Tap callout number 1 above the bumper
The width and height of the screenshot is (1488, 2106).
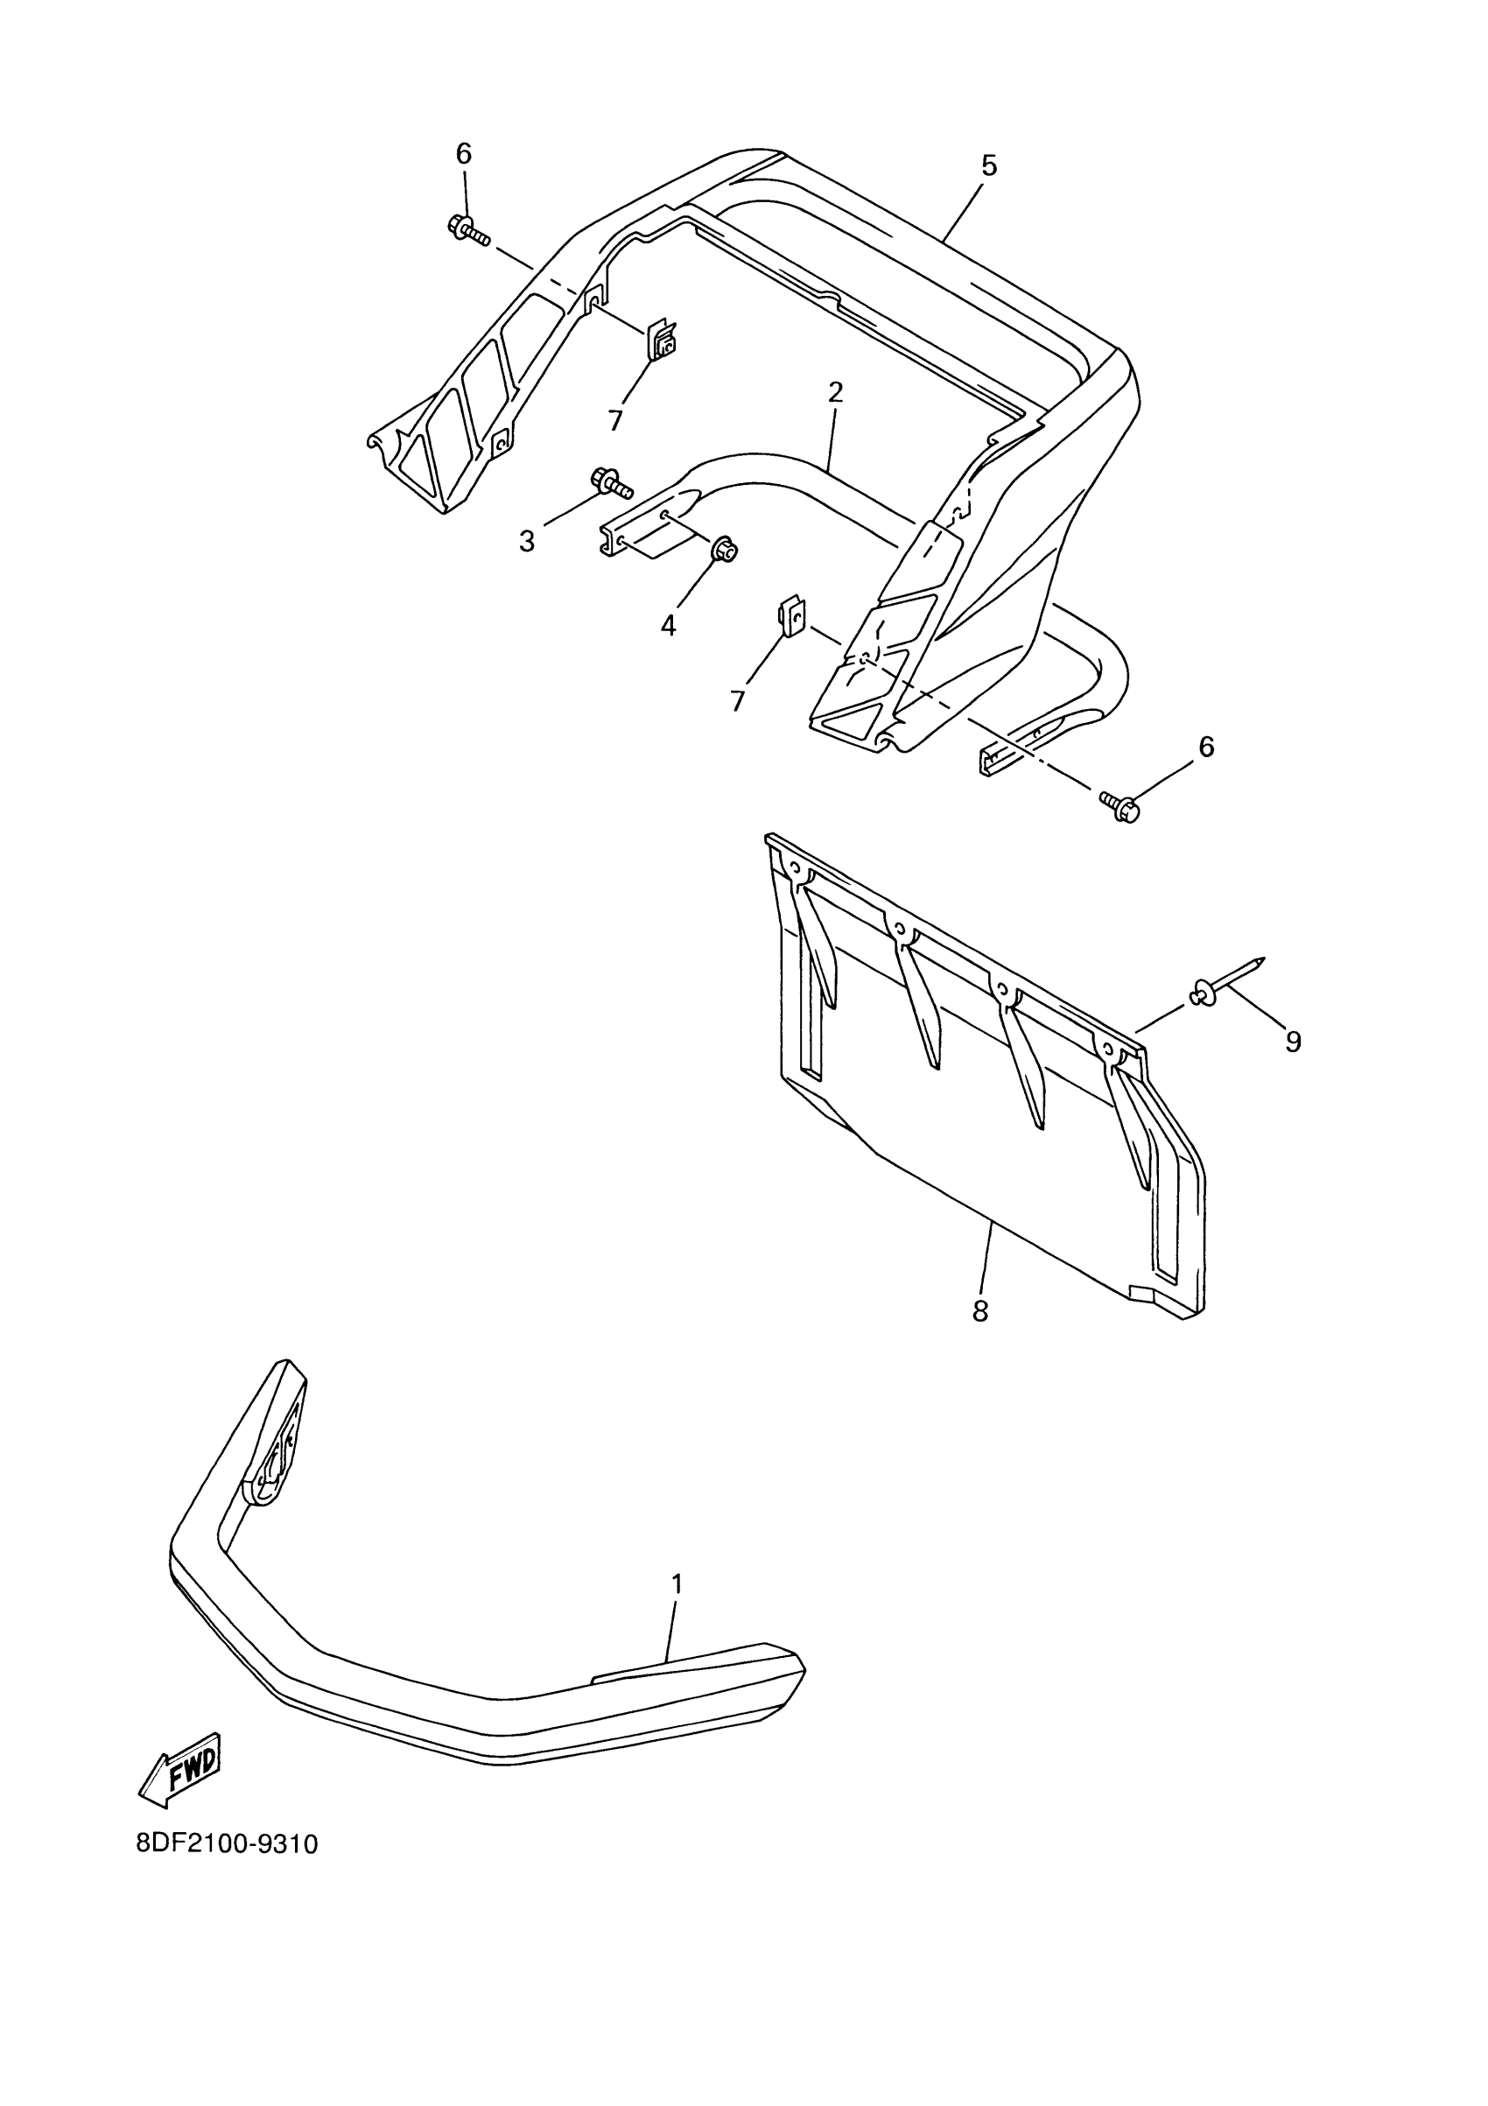tap(677, 1584)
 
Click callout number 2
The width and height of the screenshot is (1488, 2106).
tap(835, 393)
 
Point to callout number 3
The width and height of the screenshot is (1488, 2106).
tap(527, 541)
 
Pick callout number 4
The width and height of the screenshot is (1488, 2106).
tap(668, 626)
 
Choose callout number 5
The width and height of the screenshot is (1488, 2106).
tap(988, 166)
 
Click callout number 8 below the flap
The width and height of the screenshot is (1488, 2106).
tap(979, 1310)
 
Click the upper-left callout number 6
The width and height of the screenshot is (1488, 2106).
tap(464, 154)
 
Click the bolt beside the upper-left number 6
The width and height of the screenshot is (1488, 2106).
tap(467, 229)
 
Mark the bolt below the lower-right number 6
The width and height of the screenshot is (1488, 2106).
tap(1121, 807)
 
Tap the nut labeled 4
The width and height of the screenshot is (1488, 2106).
tap(724, 551)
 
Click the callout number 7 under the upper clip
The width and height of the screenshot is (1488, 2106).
tap(614, 420)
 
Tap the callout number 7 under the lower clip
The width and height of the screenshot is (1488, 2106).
tap(738, 701)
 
